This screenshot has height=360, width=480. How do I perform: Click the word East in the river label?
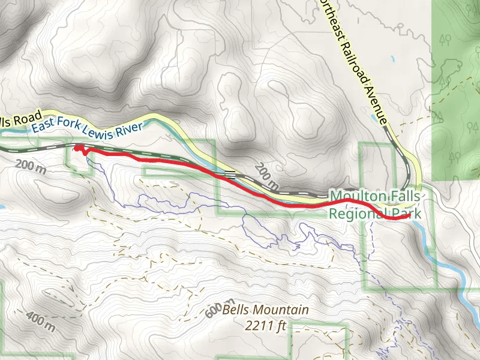coord(43,127)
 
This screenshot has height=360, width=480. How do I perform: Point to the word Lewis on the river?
coord(99,131)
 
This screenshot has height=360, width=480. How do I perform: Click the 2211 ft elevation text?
coord(265,326)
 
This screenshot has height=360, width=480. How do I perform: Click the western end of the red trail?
coord(76,148)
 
